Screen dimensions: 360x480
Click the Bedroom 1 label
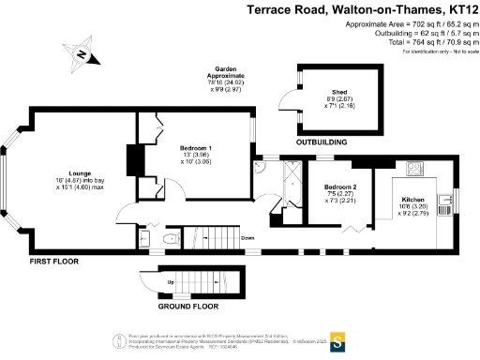coord(196,149)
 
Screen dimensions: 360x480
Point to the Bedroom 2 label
coord(341,187)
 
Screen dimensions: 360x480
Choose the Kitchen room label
coord(412,201)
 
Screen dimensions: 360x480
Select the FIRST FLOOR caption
coord(52,260)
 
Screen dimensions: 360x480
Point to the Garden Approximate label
coord(232,73)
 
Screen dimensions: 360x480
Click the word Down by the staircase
coord(247,238)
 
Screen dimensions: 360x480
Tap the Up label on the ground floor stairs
coord(170,282)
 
